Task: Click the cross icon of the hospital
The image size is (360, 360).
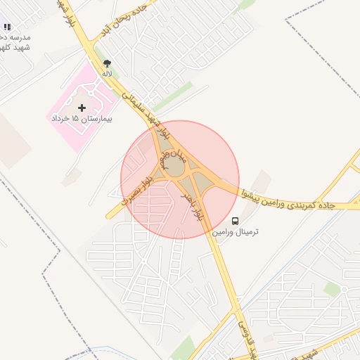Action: pyautogui.click(x=83, y=108)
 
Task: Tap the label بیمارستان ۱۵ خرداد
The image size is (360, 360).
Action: pyautogui.click(x=83, y=119)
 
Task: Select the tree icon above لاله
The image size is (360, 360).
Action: pyautogui.click(x=107, y=63)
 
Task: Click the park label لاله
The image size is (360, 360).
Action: pyautogui.click(x=107, y=72)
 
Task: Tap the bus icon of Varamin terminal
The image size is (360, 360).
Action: pyautogui.click(x=235, y=221)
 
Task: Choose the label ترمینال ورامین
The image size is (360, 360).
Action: pyautogui.click(x=238, y=231)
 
